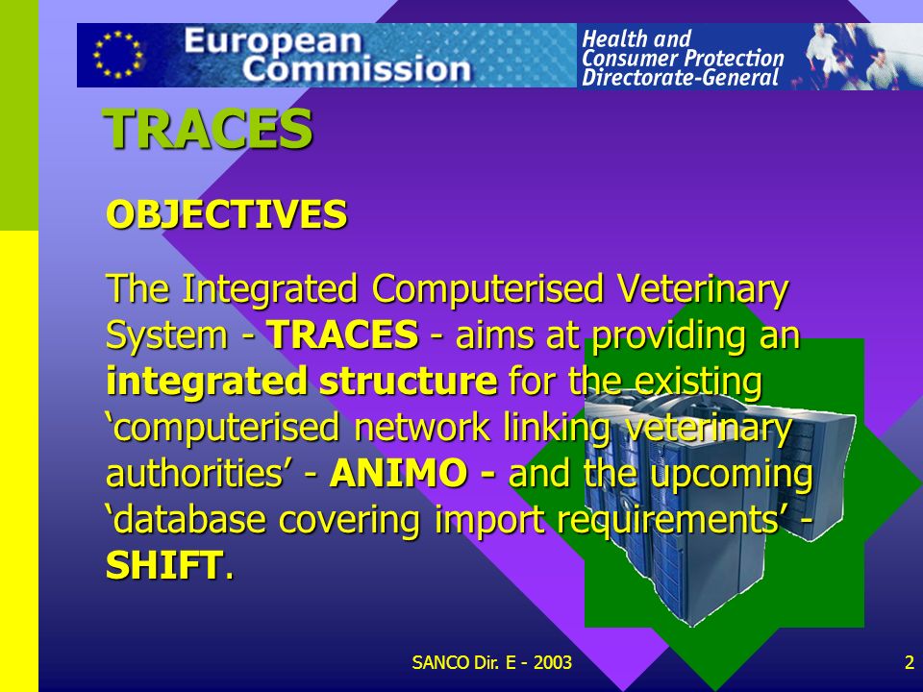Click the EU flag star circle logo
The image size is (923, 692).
(117, 55)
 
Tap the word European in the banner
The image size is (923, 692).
(272, 42)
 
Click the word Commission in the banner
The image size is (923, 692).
(356, 69)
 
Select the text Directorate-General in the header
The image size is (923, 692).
(680, 77)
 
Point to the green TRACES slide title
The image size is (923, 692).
(208, 129)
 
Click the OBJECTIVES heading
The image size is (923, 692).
(227, 213)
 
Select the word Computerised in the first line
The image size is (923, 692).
(488, 290)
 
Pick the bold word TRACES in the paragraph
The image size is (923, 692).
(342, 334)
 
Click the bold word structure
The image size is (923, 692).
(408, 381)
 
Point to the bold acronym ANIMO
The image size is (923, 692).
(398, 473)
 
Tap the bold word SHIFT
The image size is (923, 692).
(164, 565)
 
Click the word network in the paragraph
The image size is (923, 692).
(422, 427)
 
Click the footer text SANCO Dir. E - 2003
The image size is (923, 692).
(491, 662)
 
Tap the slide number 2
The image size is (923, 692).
(910, 662)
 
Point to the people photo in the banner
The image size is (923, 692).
(861, 56)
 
